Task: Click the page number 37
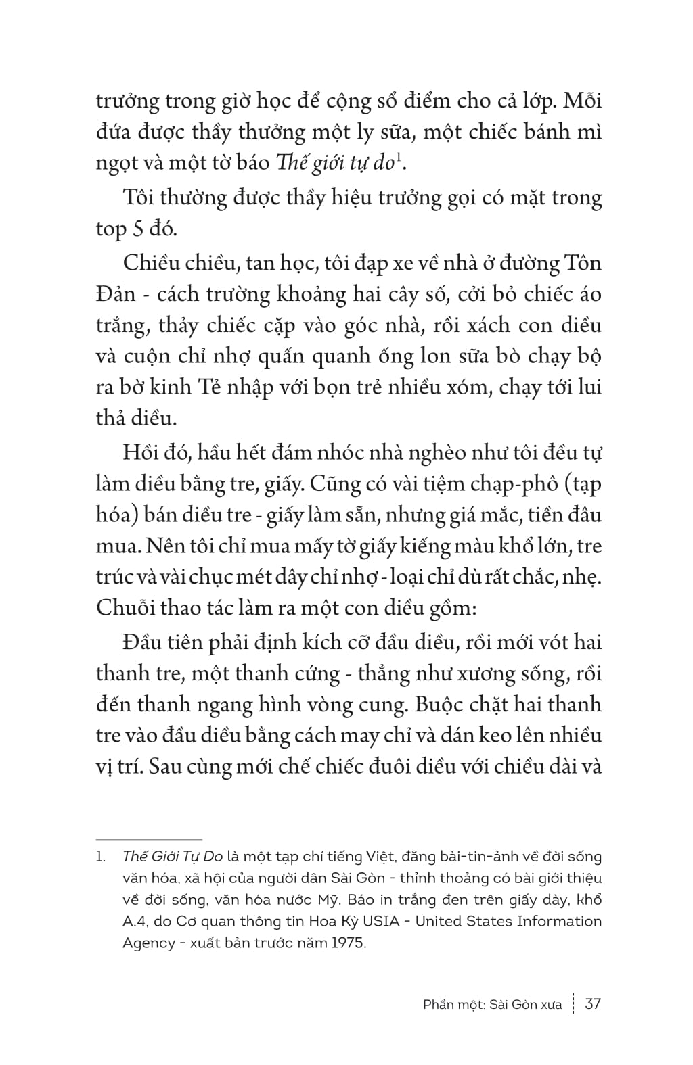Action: (592, 1003)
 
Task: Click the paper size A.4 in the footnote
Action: (135, 921)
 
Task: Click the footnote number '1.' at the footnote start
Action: (101, 857)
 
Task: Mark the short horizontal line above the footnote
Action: (149, 839)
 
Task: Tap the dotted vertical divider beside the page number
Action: (573, 1003)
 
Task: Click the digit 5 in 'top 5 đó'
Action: (137, 229)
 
